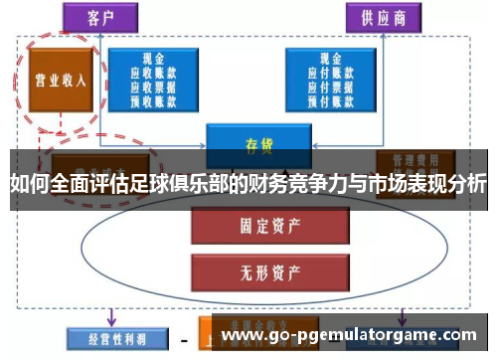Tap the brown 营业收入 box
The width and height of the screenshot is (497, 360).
click(x=59, y=81)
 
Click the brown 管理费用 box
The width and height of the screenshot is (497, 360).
click(x=414, y=160)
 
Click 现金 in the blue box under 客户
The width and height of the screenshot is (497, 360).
click(x=154, y=57)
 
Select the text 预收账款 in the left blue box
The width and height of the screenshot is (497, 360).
click(x=154, y=98)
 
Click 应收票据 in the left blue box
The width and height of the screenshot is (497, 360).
click(x=154, y=85)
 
